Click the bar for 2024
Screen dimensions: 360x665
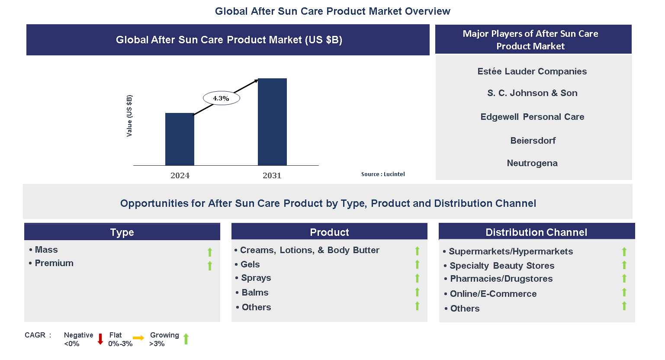[x=180, y=139]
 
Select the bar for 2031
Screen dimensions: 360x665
[x=272, y=122]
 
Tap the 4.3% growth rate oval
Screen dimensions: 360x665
[x=221, y=98]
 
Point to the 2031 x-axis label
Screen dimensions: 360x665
[x=272, y=175]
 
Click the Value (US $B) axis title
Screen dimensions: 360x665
[x=129, y=116]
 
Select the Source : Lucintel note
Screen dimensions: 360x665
[x=383, y=174]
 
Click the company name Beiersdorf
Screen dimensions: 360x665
[x=533, y=141]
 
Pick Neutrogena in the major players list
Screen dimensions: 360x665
[x=532, y=163]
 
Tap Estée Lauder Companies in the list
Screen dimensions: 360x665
[x=532, y=71]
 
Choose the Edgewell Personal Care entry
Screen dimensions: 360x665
[x=532, y=117]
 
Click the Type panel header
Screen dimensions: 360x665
[x=122, y=232]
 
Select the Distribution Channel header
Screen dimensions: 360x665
[x=536, y=232]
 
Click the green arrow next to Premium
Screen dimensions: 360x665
[x=210, y=266]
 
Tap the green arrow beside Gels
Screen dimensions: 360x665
[x=417, y=264]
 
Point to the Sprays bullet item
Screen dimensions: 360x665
[x=256, y=278]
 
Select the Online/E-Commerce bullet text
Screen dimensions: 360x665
[x=493, y=294]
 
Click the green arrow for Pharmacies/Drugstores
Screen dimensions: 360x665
[x=624, y=279]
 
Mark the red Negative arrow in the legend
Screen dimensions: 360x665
[x=100, y=339]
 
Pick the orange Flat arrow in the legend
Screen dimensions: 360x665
[x=138, y=338]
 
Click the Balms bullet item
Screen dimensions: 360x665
[x=255, y=292]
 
